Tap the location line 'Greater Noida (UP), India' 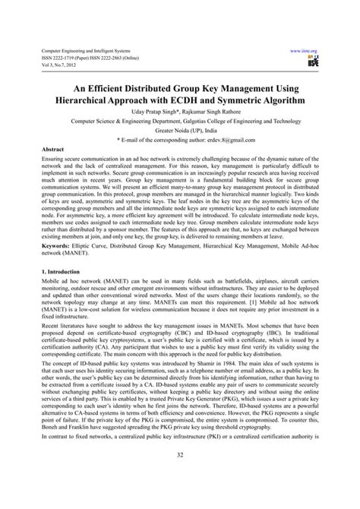[x=179, y=130]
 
